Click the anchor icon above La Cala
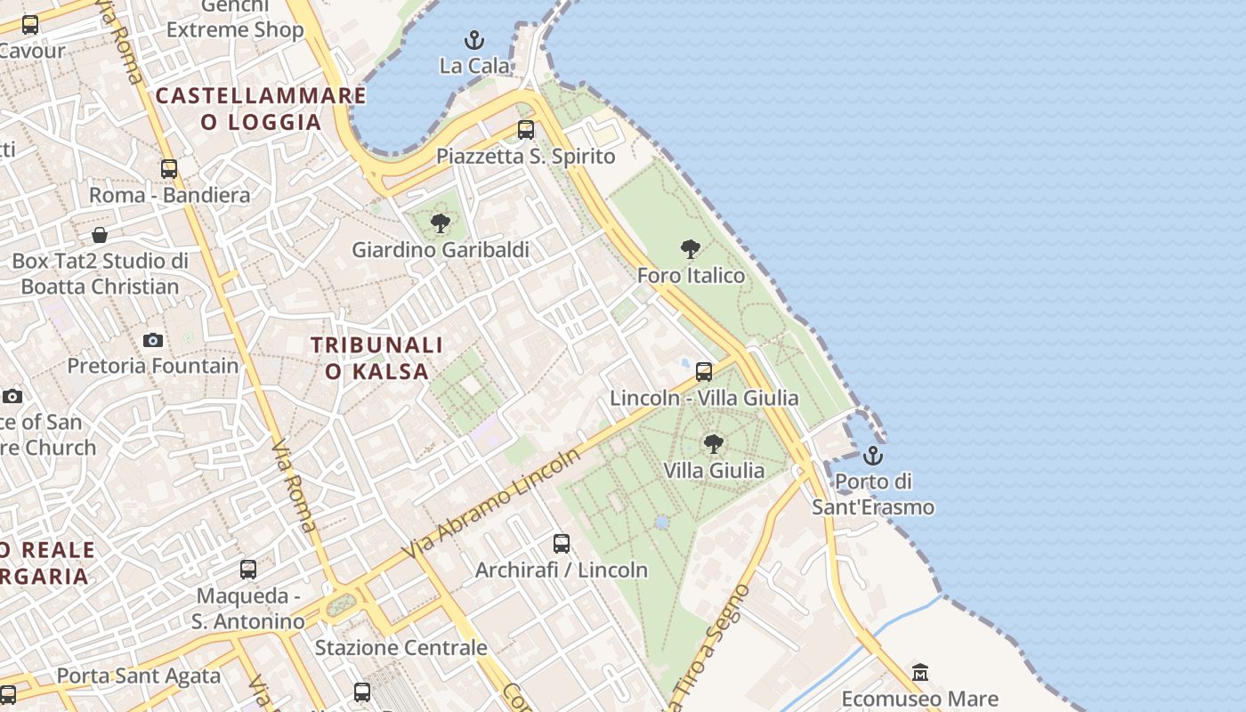point(474,40)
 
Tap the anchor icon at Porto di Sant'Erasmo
point(873,456)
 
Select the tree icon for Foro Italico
point(690,249)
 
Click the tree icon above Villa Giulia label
point(713,443)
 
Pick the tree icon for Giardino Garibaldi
point(440,223)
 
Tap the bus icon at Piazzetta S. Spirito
point(526,130)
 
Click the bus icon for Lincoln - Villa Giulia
point(704,371)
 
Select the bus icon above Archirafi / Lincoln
point(562,543)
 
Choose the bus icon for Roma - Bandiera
point(169,168)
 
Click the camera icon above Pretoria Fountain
point(153,340)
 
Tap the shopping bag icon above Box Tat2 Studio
point(100,235)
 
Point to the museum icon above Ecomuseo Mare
point(920,672)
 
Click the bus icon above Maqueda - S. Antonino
point(248,569)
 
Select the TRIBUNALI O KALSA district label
point(376,358)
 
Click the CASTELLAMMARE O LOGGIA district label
point(261,109)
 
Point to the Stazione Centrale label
point(400,647)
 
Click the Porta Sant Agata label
point(138,676)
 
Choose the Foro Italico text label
point(691,276)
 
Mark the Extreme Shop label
point(235,29)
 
